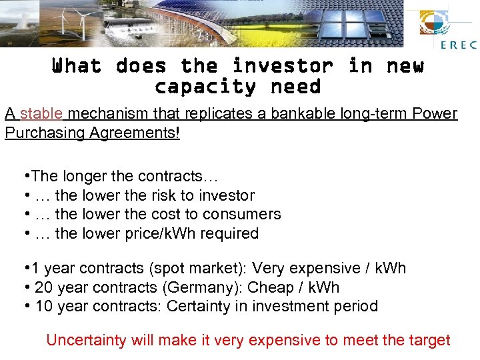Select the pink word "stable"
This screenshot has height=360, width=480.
point(41,113)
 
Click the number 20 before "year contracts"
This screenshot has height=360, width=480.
point(43,287)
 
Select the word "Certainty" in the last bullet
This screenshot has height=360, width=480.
point(200,306)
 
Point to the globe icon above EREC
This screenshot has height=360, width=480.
point(437,23)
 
